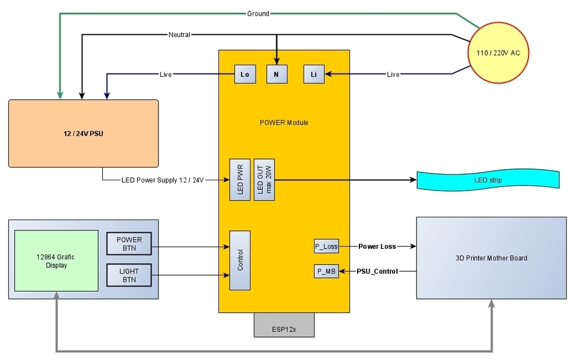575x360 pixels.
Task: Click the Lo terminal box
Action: [x=245, y=74]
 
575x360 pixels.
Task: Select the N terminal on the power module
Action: [x=276, y=74]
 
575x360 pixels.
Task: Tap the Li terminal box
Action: [x=314, y=74]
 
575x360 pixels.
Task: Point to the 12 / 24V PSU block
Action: [x=83, y=134]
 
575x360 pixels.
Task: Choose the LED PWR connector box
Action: [x=240, y=179]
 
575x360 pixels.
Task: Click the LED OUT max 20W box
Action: [x=264, y=179]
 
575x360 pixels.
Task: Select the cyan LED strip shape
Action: [x=488, y=180]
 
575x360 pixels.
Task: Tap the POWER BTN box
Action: [x=129, y=244]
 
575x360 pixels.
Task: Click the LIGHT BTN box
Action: [x=129, y=275]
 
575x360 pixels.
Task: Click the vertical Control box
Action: [x=240, y=261]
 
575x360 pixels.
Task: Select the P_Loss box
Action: [x=326, y=246]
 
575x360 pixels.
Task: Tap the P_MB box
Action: [x=326, y=271]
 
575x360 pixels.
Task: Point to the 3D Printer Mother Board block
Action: [x=491, y=258]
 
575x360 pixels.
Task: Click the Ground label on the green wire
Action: [x=258, y=13]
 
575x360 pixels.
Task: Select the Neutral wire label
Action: [x=179, y=35]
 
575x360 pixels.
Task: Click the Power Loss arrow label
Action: [x=377, y=246]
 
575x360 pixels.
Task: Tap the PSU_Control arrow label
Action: [x=377, y=271]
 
